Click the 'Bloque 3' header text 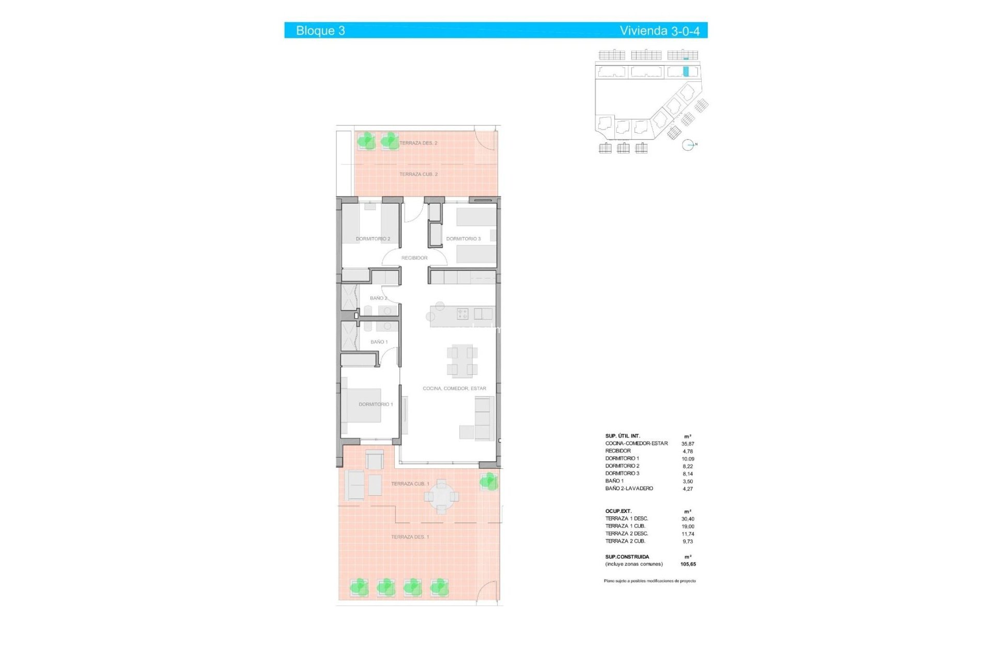point(320,30)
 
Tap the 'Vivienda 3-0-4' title point(659,30)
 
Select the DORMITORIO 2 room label point(373,239)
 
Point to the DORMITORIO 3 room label point(463,239)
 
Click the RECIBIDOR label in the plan point(414,258)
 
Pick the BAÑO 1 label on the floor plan point(379,342)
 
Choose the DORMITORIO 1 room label point(376,404)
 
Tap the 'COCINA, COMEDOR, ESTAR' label point(454,388)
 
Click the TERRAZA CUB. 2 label point(419,174)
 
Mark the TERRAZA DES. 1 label point(410,537)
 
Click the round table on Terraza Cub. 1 point(441,497)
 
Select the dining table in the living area point(462,360)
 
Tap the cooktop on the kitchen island point(462,313)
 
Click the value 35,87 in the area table point(688,444)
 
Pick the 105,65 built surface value point(688,564)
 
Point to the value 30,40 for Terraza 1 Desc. point(688,519)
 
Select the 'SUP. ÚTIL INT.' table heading point(623,436)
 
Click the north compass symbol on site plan point(688,145)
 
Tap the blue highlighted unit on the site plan point(686,72)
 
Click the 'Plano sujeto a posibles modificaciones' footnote point(649,581)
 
